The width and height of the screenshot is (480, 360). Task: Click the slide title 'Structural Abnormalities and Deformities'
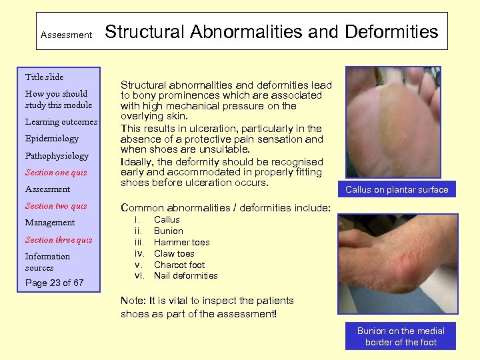[272, 31]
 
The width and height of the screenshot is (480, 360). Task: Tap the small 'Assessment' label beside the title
[66, 35]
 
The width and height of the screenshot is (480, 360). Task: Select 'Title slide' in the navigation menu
[44, 77]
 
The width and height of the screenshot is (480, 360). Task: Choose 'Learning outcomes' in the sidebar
[61, 122]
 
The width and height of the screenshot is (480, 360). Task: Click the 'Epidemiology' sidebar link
[51, 139]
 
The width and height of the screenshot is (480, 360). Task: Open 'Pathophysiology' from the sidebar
[57, 156]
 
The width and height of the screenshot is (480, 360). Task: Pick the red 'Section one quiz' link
[56, 173]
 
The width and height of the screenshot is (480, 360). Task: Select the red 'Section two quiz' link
[56, 206]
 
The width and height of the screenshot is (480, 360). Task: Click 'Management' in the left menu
[50, 223]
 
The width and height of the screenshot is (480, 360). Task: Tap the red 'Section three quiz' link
[59, 240]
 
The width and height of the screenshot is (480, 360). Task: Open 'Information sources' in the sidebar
[47, 262]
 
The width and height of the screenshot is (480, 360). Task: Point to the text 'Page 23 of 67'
[54, 283]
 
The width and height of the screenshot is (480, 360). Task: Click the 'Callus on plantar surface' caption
[397, 190]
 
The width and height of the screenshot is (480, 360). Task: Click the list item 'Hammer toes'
[181, 242]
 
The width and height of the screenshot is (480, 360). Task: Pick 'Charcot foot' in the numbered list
[179, 265]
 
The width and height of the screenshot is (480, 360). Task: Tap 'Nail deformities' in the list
[185, 276]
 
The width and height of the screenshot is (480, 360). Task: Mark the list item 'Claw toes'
[174, 253]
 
